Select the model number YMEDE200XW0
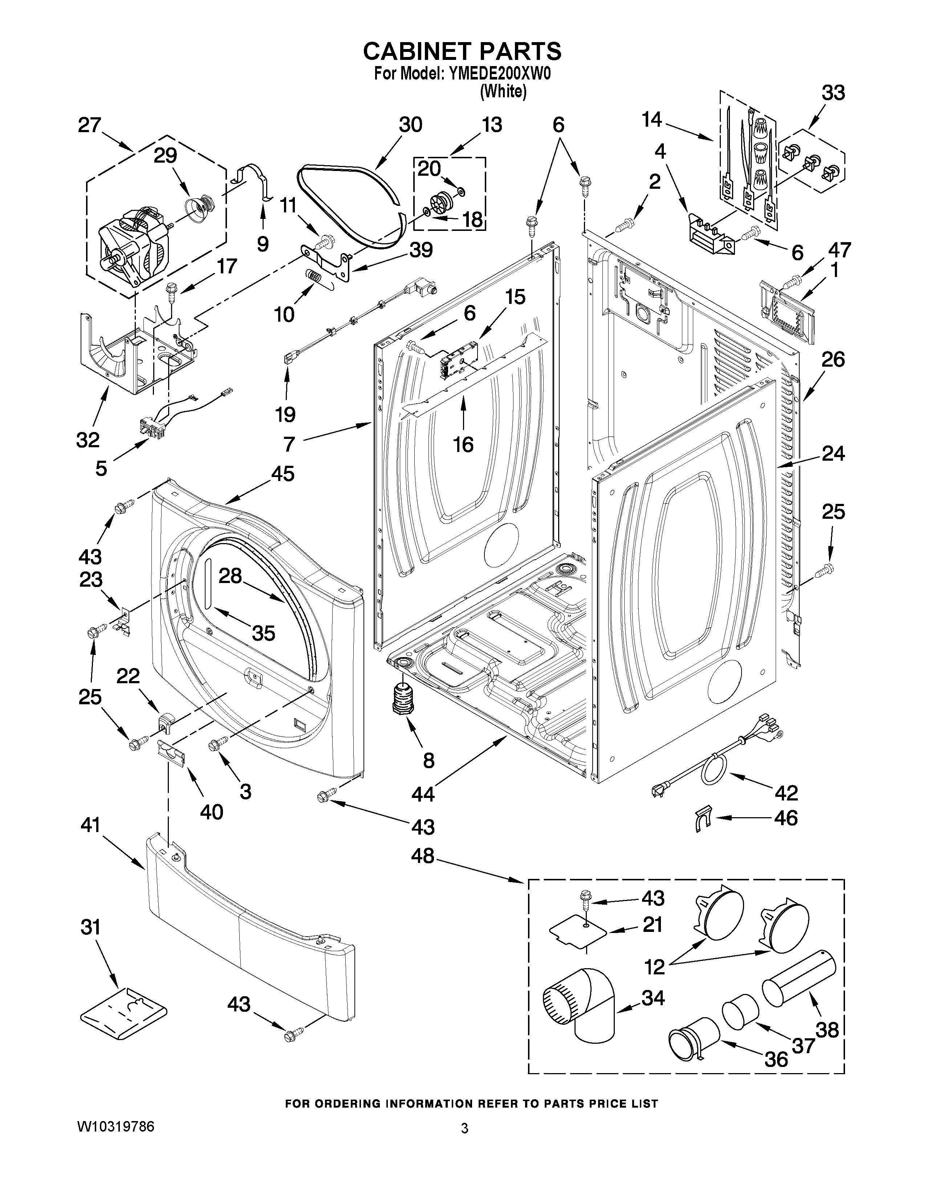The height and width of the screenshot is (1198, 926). pyautogui.click(x=499, y=74)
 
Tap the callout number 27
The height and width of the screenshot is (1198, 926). pyautogui.click(x=89, y=125)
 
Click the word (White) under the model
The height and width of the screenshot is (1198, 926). pyautogui.click(x=503, y=91)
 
